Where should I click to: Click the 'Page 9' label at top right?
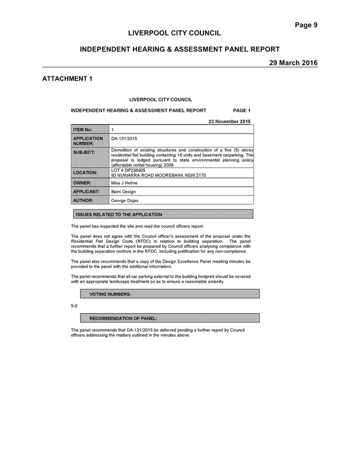click(306, 25)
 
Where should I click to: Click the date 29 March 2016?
click(293, 63)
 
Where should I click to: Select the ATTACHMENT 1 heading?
click(67, 79)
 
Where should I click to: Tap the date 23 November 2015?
click(229, 121)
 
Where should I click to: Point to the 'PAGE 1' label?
click(242, 110)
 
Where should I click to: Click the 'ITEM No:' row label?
click(83, 130)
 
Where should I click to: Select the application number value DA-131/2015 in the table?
click(124, 139)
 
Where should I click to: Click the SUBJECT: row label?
click(84, 152)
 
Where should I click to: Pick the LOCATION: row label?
click(85, 173)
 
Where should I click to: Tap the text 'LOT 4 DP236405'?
click(128, 170)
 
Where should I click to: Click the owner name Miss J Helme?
click(124, 183)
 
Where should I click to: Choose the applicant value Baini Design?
click(123, 192)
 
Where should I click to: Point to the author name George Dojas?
click(125, 200)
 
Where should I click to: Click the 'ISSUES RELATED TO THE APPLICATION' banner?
click(163, 214)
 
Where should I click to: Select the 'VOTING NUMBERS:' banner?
click(170, 294)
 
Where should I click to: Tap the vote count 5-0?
click(74, 306)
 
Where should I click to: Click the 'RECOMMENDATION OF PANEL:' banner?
click(170, 318)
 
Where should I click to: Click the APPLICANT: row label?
click(86, 192)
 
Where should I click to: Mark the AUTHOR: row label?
click(83, 200)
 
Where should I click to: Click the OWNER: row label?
click(82, 183)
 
